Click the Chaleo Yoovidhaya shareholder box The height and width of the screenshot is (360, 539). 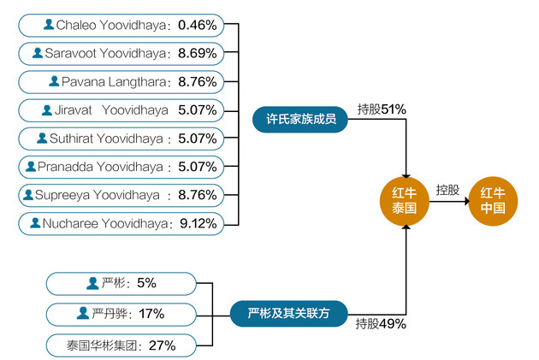pos(121,25)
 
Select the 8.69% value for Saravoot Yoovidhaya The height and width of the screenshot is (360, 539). pos(198,53)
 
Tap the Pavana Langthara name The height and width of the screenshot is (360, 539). pos(114,82)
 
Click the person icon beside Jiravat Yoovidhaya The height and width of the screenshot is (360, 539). pos(47,110)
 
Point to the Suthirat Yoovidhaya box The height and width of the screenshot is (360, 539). pos(121,139)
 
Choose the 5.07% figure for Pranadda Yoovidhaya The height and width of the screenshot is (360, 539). pos(198,167)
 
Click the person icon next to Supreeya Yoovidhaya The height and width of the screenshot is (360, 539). pos(28,195)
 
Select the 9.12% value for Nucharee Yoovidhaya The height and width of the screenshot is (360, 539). pos(198,223)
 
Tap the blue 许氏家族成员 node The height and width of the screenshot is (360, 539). pos(300,119)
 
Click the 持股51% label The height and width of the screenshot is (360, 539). pos(382,109)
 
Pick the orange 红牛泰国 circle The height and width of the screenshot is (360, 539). pos(404,201)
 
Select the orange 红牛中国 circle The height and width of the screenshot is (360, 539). pos(493,201)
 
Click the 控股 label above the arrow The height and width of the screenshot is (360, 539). pos(447,190)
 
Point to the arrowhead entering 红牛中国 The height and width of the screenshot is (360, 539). pos(467,201)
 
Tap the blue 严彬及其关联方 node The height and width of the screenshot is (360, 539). pos(289,313)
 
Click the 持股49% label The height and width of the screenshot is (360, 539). pos(381,323)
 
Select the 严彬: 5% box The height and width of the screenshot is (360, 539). pos(121,283)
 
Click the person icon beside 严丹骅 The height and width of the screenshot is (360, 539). pos(82,313)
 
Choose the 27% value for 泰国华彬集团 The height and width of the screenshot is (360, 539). pos(162,345)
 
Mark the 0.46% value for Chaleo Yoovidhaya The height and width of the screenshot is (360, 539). pos(198,25)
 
